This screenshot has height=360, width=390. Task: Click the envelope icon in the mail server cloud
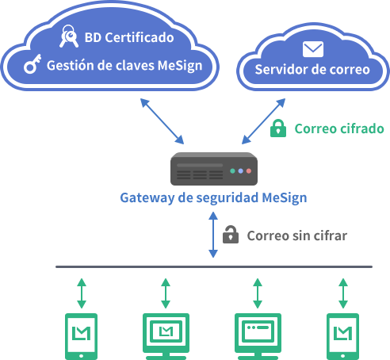coord(313,49)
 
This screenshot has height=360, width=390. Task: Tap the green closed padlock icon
coord(278,128)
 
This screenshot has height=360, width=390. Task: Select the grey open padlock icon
coord(231,235)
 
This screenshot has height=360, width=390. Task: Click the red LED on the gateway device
coord(249,171)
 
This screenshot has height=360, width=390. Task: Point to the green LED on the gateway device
coord(232,171)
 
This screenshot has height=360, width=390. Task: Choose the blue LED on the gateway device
coord(241,171)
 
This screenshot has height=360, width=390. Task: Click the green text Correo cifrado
coord(339,128)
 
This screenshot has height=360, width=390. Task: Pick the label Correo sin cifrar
coord(297,236)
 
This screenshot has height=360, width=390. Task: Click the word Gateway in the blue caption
coord(147,198)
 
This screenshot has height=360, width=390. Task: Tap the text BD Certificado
coord(129,37)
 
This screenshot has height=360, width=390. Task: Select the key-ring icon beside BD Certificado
coord(69,36)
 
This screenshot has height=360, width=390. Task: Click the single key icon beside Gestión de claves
coord(32,63)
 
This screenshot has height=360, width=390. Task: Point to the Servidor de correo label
coord(312,70)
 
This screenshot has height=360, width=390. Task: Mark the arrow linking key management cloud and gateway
coord(162,121)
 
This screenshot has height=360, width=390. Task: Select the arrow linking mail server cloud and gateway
coord(263,121)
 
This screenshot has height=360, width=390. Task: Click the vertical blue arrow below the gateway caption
coord(213,235)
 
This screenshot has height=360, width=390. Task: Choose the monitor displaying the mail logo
coord(166,336)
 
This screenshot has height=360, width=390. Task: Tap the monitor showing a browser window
coord(258,336)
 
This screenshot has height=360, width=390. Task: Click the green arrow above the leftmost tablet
coord(82,293)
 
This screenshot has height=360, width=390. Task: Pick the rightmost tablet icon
coord(342,336)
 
